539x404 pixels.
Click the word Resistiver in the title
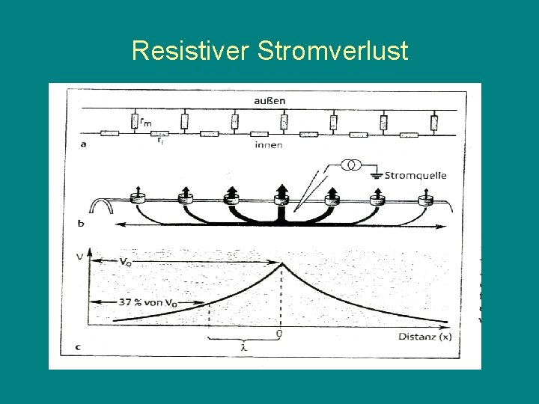(x=191, y=51)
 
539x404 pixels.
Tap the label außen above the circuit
(x=269, y=100)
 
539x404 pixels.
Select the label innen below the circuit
(x=268, y=144)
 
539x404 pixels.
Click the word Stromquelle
(x=415, y=176)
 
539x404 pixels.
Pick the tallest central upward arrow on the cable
(x=281, y=191)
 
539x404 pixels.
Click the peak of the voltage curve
(x=281, y=263)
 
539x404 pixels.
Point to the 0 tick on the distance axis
(x=280, y=334)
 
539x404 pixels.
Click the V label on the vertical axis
(x=80, y=257)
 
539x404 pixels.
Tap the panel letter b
(x=81, y=223)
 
